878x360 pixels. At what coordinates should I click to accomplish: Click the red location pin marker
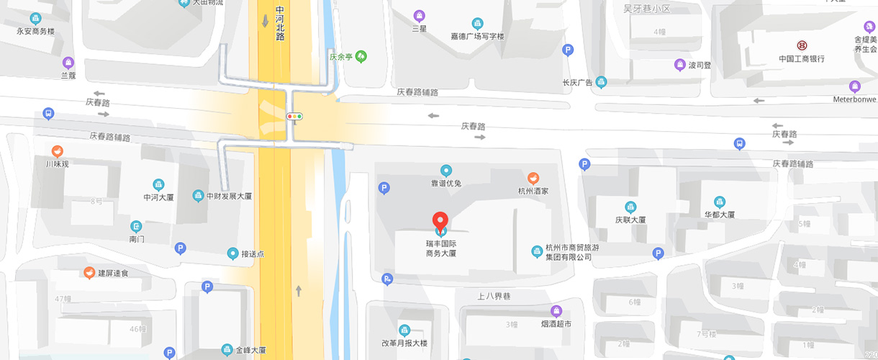[x=440, y=220]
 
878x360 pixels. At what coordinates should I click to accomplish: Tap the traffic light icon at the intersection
[x=294, y=116]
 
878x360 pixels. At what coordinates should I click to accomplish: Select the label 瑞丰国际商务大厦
[x=441, y=248]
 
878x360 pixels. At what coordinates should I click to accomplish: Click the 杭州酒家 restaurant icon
[x=533, y=178]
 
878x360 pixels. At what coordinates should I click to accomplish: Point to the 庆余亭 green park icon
[x=361, y=55]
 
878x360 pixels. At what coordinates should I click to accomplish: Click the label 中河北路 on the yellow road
[x=280, y=24]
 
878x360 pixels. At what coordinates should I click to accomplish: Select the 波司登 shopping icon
[x=679, y=65]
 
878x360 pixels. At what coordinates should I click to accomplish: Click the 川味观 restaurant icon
[x=58, y=151]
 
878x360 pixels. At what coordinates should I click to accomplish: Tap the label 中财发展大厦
[x=229, y=196]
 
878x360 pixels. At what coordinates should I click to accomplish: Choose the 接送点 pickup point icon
[x=232, y=253]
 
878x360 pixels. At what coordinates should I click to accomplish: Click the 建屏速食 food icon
[x=89, y=273]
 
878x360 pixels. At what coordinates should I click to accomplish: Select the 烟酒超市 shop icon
[x=556, y=311]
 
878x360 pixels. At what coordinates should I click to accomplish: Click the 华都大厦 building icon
[x=719, y=202]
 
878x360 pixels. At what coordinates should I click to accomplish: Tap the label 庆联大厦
[x=630, y=220]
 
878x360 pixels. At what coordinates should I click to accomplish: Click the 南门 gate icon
[x=136, y=226]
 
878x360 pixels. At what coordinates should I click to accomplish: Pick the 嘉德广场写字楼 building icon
[x=477, y=23]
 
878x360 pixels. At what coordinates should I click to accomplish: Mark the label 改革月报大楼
[x=404, y=343]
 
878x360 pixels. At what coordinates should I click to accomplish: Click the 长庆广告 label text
[x=577, y=83]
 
